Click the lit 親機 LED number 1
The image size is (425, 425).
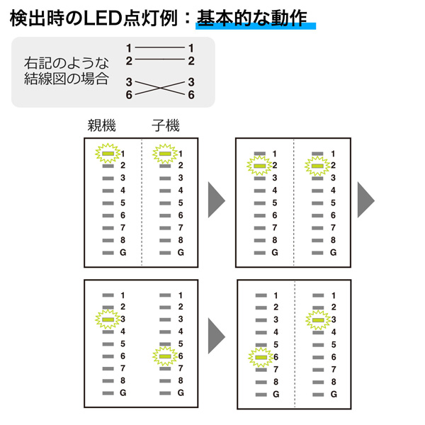(x=106, y=153)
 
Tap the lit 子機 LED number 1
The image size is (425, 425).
(x=164, y=153)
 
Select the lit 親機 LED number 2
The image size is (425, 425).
(x=259, y=166)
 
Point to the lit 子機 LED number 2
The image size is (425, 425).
(x=317, y=166)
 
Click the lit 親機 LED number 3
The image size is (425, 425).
(x=106, y=319)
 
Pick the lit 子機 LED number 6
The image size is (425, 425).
(x=164, y=356)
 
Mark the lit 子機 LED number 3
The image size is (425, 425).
(x=317, y=320)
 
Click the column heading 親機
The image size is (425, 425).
(x=101, y=126)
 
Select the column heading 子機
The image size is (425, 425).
(x=166, y=126)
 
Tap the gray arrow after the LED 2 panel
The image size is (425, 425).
(x=365, y=201)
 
